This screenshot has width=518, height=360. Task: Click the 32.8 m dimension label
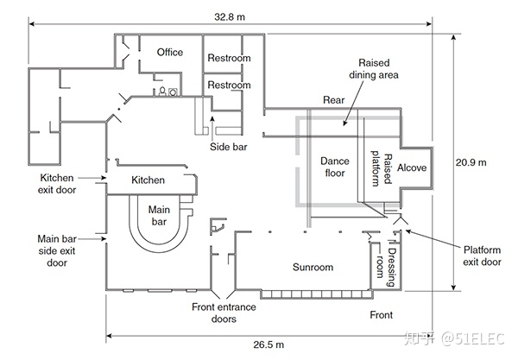[230, 17]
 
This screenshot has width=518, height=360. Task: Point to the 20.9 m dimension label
[471, 162]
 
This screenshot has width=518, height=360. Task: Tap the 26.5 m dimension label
[268, 344]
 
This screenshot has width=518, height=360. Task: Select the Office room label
[170, 52]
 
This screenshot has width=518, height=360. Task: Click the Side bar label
[228, 147]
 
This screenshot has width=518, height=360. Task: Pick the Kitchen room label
[148, 180]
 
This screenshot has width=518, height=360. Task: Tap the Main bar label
[159, 215]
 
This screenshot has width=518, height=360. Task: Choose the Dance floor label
[335, 167]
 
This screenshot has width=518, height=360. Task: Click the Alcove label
[412, 167]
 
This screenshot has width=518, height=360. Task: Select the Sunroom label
[313, 267]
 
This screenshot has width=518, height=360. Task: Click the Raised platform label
[382, 168]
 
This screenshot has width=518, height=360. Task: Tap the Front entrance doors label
[224, 313]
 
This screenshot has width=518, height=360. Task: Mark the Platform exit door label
[482, 256]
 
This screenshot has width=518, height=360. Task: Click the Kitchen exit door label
[57, 184]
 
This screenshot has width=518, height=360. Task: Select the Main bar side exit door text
[57, 250]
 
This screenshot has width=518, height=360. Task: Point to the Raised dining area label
[374, 69]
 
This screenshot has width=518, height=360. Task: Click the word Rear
[333, 100]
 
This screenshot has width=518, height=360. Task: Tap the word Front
[382, 315]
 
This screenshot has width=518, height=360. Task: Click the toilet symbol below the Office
[162, 91]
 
